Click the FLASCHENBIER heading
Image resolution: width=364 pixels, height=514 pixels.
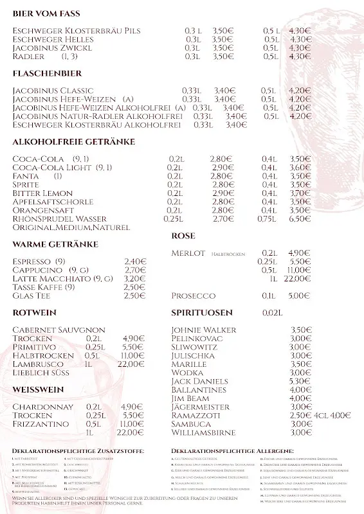[44, 74]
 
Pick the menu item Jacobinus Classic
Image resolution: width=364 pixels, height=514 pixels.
[53, 91]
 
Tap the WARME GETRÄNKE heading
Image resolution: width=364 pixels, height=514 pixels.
[55, 244]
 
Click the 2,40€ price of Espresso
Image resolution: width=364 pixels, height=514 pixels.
[135, 261]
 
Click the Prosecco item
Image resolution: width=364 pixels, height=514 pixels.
[194, 296]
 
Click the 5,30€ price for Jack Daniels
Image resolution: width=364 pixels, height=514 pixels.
[300, 381]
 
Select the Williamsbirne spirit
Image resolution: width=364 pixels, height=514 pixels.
[204, 432]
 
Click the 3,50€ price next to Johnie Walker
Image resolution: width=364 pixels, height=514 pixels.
[300, 330]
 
